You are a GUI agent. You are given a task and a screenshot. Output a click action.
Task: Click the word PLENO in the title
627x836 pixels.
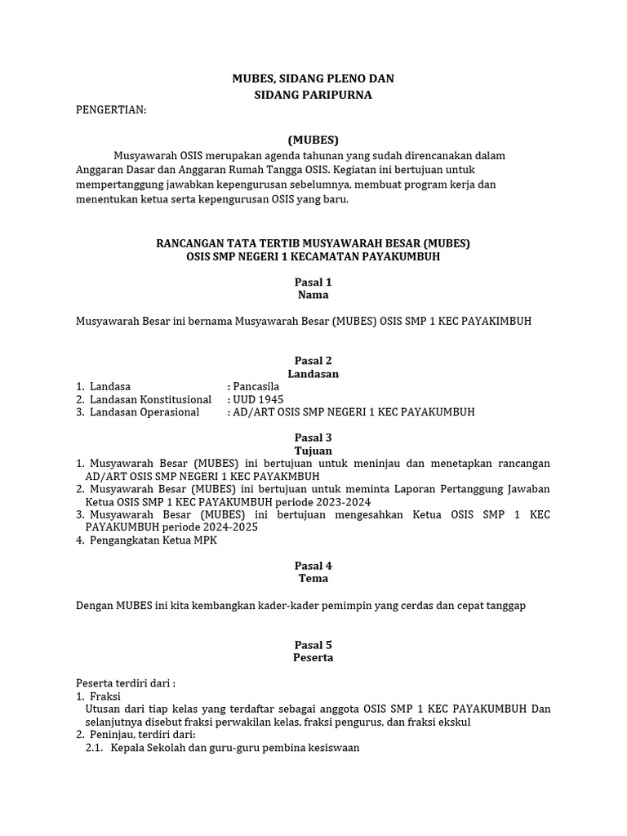click(341, 78)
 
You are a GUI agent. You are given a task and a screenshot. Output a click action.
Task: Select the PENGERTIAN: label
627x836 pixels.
click(111, 111)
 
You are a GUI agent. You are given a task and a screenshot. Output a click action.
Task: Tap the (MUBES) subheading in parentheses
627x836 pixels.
click(313, 140)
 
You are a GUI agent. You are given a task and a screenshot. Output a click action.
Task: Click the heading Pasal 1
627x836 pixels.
click(313, 282)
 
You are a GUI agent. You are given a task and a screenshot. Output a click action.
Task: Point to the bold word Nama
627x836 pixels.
click(313, 295)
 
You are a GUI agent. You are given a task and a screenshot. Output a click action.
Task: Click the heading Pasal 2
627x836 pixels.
click(313, 361)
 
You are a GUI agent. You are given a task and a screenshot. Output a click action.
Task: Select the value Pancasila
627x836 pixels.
click(256, 386)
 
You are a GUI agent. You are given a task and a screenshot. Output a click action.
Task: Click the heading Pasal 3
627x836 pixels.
click(313, 438)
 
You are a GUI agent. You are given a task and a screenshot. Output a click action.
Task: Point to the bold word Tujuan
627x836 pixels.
click(313, 451)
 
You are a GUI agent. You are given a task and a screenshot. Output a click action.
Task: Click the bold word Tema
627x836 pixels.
click(313, 578)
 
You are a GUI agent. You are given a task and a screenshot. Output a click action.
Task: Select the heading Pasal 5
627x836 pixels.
click(313, 645)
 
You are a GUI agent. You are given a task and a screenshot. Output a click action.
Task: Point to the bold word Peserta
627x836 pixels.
click(313, 657)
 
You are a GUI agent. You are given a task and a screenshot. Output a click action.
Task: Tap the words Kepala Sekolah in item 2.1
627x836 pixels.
click(144, 747)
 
